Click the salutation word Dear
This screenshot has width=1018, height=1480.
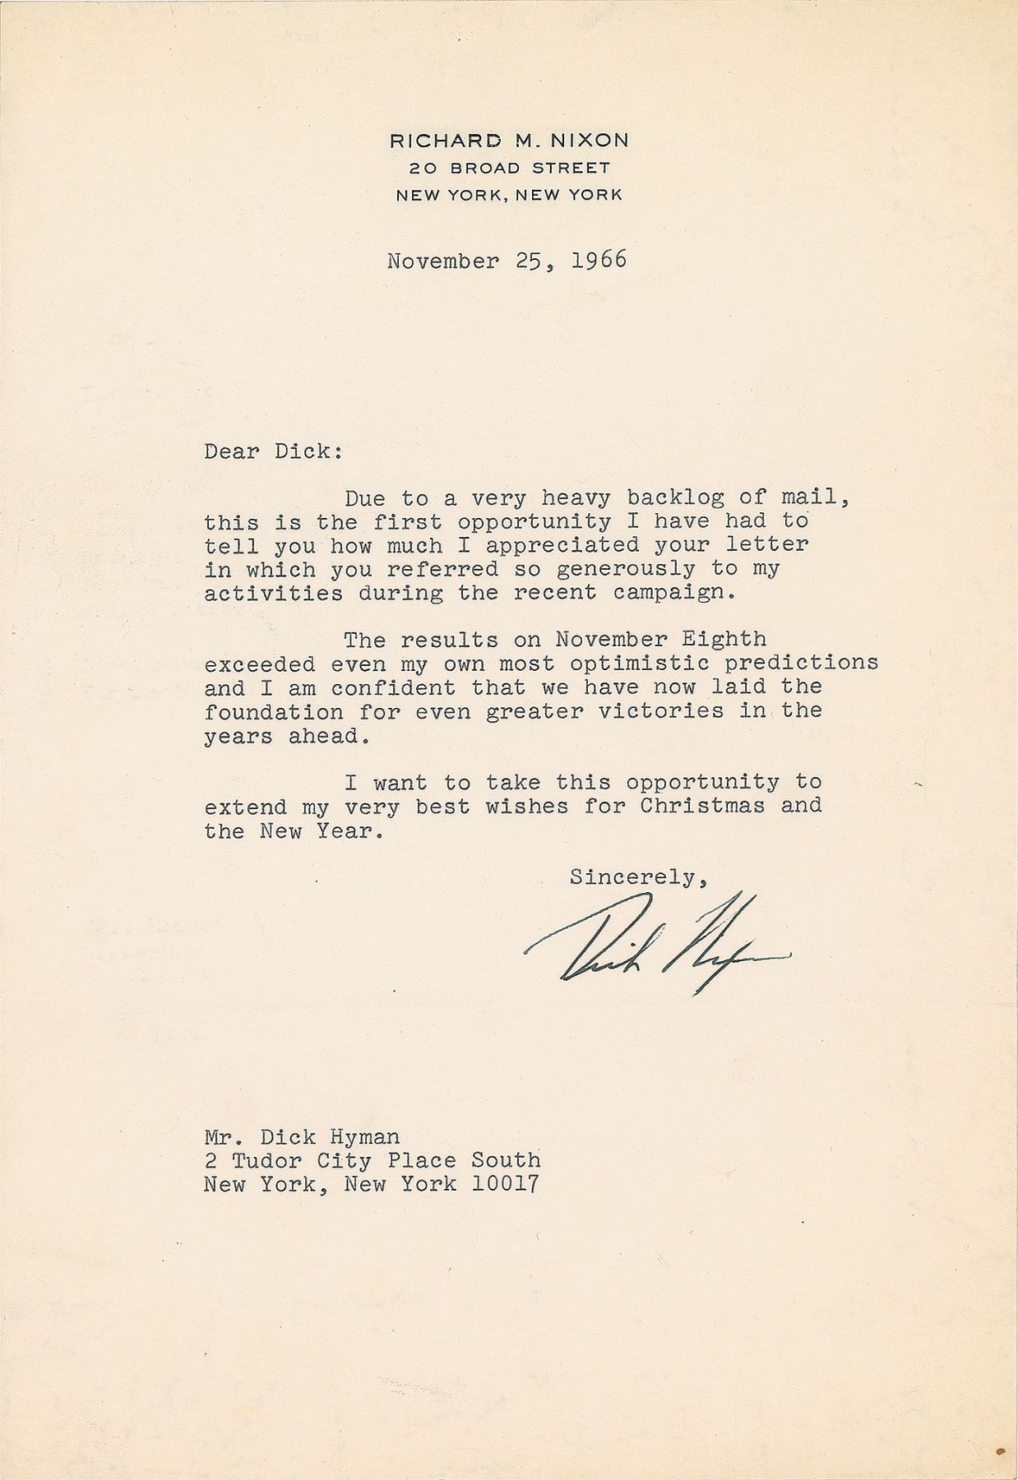pyautogui.click(x=233, y=451)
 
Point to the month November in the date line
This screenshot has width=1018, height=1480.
pyautogui.click(x=442, y=261)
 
